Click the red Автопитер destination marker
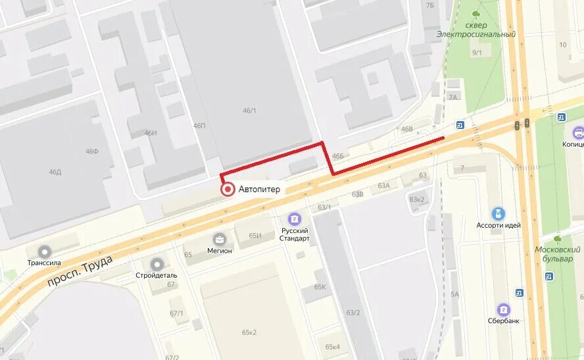point(228,190)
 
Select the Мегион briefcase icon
point(220,239)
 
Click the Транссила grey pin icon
point(45,252)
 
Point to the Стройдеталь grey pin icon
point(157,264)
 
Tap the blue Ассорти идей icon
point(499,213)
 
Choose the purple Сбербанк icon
point(504,309)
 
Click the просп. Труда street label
point(80,270)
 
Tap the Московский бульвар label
point(557,254)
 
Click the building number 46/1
point(249,111)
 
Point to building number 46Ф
point(91,151)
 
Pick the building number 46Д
point(55,172)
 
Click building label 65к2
point(249,332)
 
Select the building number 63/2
point(353,312)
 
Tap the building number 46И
point(151,133)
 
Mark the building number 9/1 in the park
point(477,53)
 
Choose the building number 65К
point(320,287)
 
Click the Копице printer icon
point(578,132)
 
